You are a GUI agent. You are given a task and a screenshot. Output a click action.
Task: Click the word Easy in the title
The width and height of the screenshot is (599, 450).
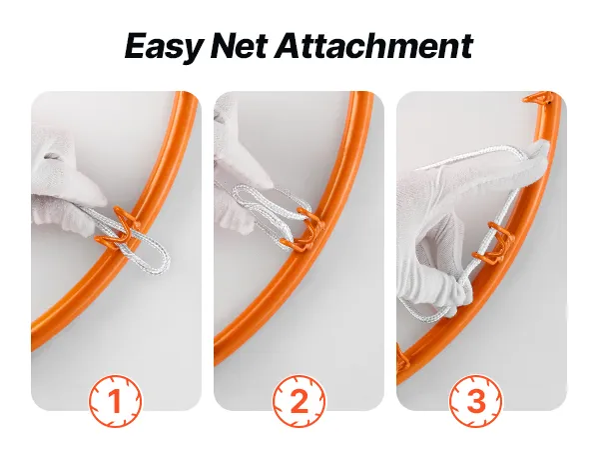point(163,47)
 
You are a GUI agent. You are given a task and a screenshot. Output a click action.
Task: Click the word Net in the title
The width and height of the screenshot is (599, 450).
point(238,46)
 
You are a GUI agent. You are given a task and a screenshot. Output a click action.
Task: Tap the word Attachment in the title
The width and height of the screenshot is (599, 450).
point(373,46)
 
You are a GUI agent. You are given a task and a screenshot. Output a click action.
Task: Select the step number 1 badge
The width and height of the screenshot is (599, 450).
point(115,401)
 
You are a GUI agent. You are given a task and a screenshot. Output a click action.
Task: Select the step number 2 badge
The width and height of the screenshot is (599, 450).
point(299,401)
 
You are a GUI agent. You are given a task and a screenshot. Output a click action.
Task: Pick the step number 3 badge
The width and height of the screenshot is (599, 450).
point(475,401)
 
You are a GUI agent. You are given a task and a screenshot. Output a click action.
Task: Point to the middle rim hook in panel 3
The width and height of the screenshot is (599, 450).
point(493,243)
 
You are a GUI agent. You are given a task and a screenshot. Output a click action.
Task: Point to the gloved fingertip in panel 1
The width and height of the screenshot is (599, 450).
point(100,198)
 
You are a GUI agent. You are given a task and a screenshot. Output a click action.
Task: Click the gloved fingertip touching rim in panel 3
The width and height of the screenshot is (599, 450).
point(541,146)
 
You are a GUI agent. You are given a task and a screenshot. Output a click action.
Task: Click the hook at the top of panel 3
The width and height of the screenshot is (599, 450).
point(537,98)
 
